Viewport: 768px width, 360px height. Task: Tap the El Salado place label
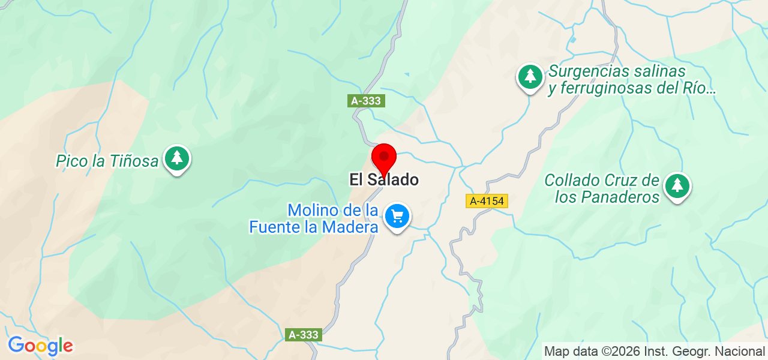pyautogui.click(x=384, y=179)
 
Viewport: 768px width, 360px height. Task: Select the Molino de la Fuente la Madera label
pyautogui.click(x=314, y=219)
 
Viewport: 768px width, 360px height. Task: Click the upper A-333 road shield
pyautogui.click(x=366, y=101)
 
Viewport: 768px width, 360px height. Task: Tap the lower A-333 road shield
pyautogui.click(x=304, y=335)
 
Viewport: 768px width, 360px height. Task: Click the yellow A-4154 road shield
pyautogui.click(x=487, y=202)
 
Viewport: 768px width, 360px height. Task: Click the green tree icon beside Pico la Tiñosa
pyautogui.click(x=176, y=158)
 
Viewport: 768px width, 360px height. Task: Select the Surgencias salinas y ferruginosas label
pyautogui.click(x=631, y=80)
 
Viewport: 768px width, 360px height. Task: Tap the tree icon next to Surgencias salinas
pyautogui.click(x=530, y=76)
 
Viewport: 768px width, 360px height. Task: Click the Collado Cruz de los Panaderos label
pyautogui.click(x=602, y=188)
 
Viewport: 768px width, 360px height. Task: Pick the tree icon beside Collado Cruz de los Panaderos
pyautogui.click(x=677, y=185)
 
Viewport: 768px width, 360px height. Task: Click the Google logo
pyautogui.click(x=40, y=346)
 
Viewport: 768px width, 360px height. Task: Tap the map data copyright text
pyautogui.click(x=654, y=350)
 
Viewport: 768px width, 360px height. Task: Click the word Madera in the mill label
pyautogui.click(x=350, y=227)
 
